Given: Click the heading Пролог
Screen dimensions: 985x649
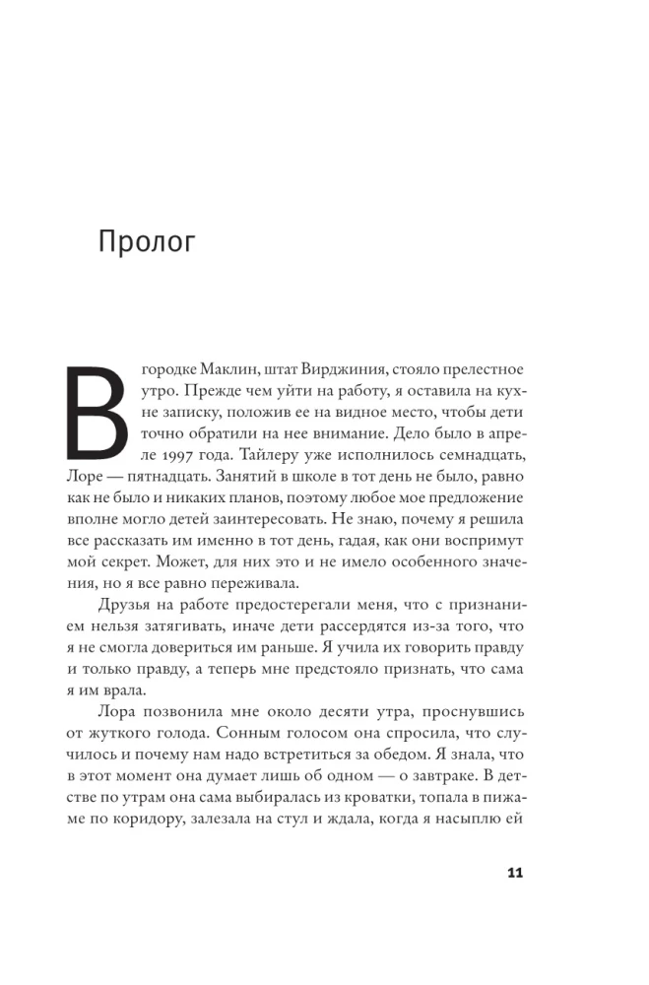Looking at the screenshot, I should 147,241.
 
